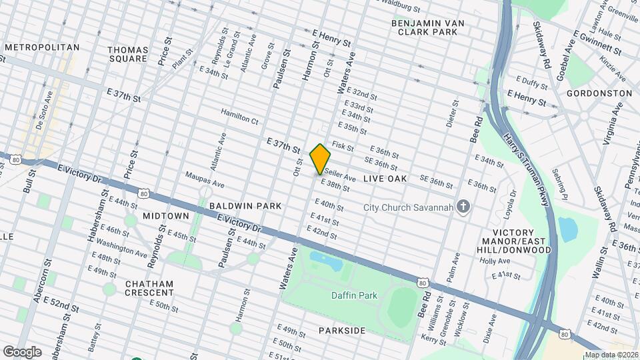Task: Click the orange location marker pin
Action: [321, 159]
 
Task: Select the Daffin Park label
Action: [354, 295]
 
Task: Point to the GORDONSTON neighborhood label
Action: [599, 93]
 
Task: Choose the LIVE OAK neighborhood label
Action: [385, 179]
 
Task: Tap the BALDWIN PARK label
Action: [245, 206]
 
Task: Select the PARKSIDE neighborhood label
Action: [341, 331]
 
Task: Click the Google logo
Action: [22, 351]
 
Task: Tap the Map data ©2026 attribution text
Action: [611, 355]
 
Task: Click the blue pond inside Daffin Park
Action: [326, 261]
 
